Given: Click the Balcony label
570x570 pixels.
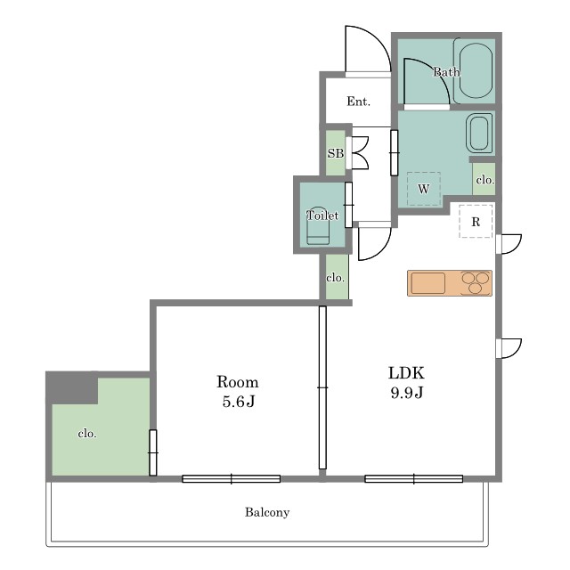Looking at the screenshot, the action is pyautogui.click(x=267, y=512).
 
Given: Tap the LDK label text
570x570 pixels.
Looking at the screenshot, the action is pyautogui.click(x=406, y=373).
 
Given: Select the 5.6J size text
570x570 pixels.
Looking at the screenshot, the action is pyautogui.click(x=239, y=402).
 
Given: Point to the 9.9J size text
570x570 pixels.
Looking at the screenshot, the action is pyautogui.click(x=407, y=392).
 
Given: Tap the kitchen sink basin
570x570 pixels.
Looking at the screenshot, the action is pyautogui.click(x=428, y=283).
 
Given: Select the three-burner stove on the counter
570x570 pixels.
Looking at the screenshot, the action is pyautogui.click(x=476, y=283).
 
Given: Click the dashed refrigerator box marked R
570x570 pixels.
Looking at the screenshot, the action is pyautogui.click(x=476, y=222).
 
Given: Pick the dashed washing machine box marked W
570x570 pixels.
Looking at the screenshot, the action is pyautogui.click(x=424, y=189).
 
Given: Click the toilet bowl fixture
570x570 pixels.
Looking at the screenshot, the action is pyautogui.click(x=318, y=228).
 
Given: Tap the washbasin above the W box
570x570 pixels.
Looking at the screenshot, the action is pyautogui.click(x=479, y=134).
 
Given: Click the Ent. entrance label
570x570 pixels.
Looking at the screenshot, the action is pyautogui.click(x=358, y=101).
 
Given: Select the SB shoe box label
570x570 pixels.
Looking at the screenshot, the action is pyautogui.click(x=336, y=153).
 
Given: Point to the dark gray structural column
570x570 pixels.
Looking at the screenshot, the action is pyautogui.click(x=71, y=387).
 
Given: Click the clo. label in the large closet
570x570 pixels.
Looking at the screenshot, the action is pyautogui.click(x=87, y=434).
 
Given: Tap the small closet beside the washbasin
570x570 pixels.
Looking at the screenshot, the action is pyautogui.click(x=484, y=179).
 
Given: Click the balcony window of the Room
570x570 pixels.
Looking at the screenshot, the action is pyautogui.click(x=232, y=479).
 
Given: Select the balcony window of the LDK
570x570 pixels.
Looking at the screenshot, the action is pyautogui.click(x=413, y=479).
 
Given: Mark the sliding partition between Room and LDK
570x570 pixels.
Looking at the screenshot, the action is pyautogui.click(x=322, y=387).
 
